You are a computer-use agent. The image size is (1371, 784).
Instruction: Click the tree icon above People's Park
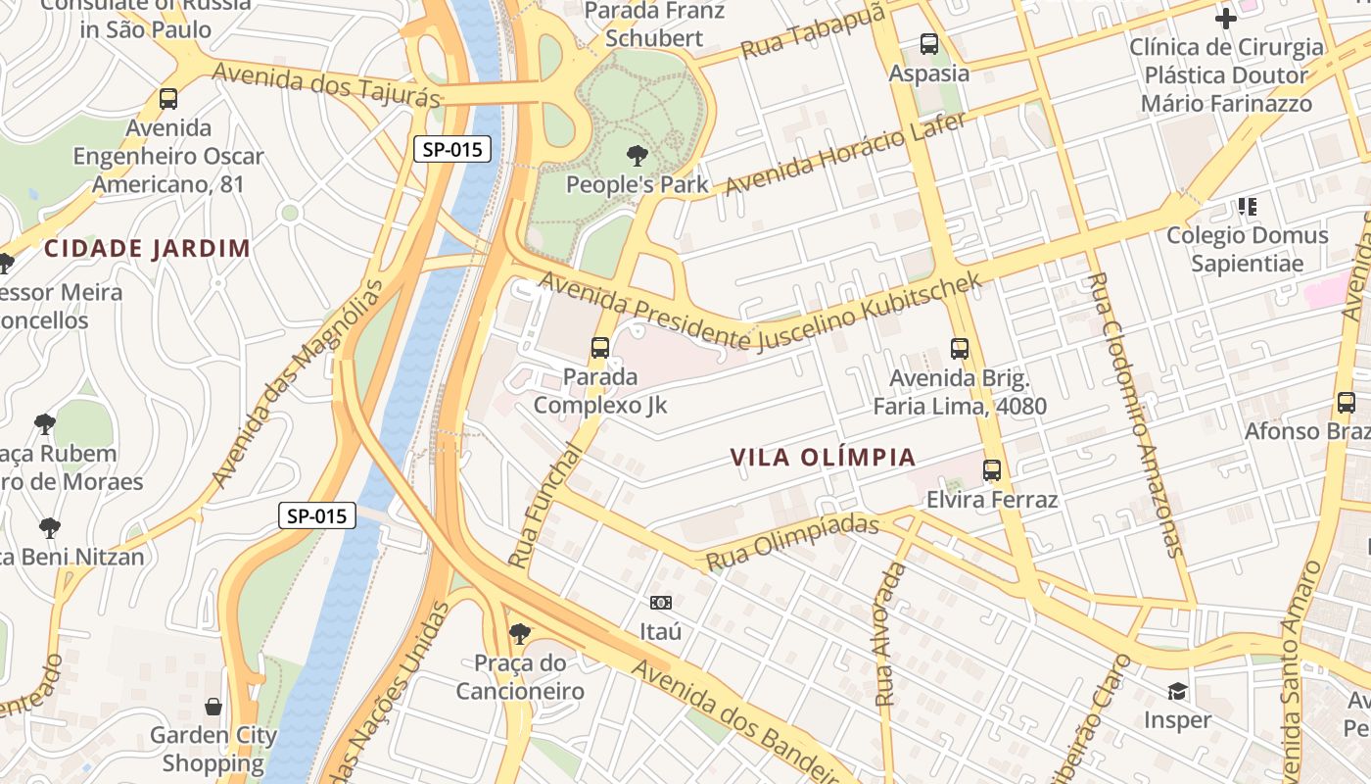point(637,155)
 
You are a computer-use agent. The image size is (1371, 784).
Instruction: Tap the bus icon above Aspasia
point(928,44)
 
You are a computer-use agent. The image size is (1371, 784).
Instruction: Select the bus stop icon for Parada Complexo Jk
point(599,348)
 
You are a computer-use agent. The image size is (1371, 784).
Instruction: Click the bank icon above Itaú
point(660,602)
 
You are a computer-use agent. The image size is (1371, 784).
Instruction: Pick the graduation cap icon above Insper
point(1177,691)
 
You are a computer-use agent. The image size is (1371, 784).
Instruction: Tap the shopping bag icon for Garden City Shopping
point(213,706)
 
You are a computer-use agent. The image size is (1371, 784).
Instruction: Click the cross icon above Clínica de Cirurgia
point(1225,18)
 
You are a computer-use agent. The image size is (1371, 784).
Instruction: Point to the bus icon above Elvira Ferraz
point(992,470)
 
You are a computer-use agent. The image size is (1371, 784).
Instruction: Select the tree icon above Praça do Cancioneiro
point(520,634)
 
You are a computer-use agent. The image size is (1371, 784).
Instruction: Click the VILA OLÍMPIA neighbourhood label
point(823,458)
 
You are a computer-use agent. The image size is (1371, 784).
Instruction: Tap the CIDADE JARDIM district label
point(147,248)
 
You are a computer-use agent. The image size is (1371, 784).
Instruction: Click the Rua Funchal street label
point(545,506)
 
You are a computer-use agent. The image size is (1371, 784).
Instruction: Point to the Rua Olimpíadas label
point(792,543)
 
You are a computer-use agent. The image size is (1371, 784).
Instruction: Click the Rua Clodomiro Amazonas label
point(1132,415)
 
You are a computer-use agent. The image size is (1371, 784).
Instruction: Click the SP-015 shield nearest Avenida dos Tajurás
point(451,150)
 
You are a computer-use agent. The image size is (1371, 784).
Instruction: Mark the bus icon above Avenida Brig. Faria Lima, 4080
point(960,348)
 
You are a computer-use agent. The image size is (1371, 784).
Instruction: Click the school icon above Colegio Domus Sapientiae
point(1247,207)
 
